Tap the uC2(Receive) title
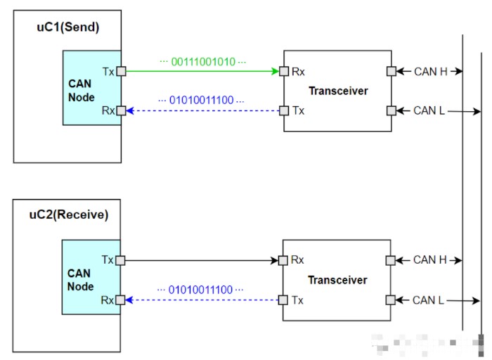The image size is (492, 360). [72, 215]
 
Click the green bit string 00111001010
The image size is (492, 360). [203, 62]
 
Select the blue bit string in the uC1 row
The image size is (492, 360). [202, 101]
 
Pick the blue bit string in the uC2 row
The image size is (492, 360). [200, 290]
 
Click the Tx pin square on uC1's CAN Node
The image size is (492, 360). [121, 71]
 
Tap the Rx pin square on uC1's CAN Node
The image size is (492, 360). [121, 110]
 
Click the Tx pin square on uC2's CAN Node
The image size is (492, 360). [121, 260]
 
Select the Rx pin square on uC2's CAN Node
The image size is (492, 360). [121, 300]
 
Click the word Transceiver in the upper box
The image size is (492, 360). [338, 91]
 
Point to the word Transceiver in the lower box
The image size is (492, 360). [337, 281]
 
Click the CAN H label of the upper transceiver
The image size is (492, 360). [429, 71]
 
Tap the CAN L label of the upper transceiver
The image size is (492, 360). [429, 110]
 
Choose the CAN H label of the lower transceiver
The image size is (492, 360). [429, 260]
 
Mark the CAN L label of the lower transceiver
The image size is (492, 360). [429, 300]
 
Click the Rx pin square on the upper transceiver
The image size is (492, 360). [284, 71]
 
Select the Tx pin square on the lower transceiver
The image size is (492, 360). [284, 300]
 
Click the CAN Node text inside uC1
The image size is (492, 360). [80, 91]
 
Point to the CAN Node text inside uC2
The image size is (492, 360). [79, 280]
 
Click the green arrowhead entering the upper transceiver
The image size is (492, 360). [275, 71]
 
